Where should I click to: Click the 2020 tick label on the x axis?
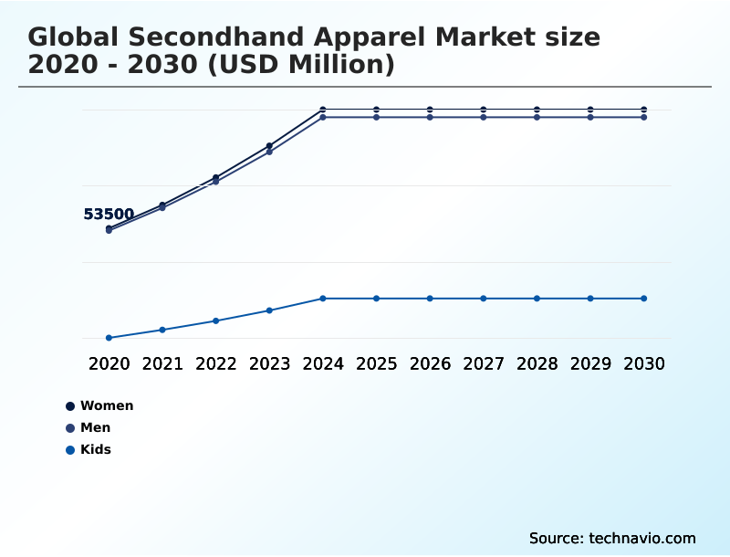[x=109, y=363]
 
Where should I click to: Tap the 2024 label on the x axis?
[x=323, y=363]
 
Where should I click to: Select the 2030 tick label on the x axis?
[x=643, y=363]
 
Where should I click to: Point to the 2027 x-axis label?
[x=484, y=363]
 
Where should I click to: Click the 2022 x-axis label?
[x=216, y=363]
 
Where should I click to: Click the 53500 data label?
[x=109, y=215]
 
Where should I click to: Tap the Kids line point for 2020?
[x=109, y=338]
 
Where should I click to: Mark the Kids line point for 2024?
[x=323, y=299]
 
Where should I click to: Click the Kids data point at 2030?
[x=643, y=299]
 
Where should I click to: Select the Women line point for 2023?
[x=269, y=146]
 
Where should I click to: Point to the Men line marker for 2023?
[x=269, y=152]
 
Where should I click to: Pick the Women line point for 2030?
[x=643, y=110]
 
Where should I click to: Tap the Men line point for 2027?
[x=484, y=118]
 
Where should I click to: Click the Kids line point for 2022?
[x=216, y=321]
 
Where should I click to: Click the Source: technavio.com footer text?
[x=612, y=538]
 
